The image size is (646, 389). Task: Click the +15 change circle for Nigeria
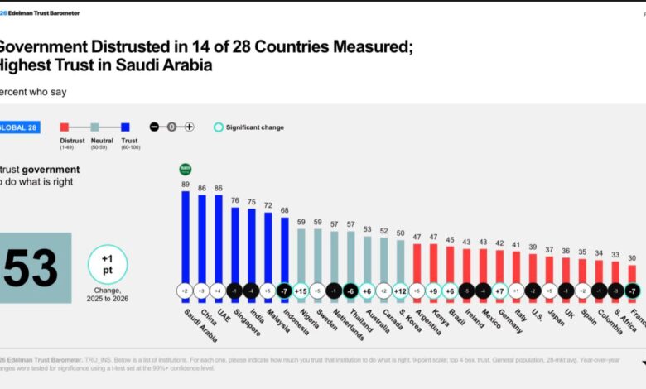(x=301, y=291)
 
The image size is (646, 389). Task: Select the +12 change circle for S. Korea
(x=400, y=291)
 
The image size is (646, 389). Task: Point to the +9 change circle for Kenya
(x=433, y=291)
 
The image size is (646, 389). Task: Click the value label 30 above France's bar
(x=632, y=258)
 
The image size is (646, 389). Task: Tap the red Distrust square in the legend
(x=63, y=127)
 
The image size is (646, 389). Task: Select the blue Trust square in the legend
(x=125, y=127)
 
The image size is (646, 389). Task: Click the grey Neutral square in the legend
(x=94, y=127)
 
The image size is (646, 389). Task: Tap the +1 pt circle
(x=108, y=265)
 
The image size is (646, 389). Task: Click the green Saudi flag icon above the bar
(x=186, y=169)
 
